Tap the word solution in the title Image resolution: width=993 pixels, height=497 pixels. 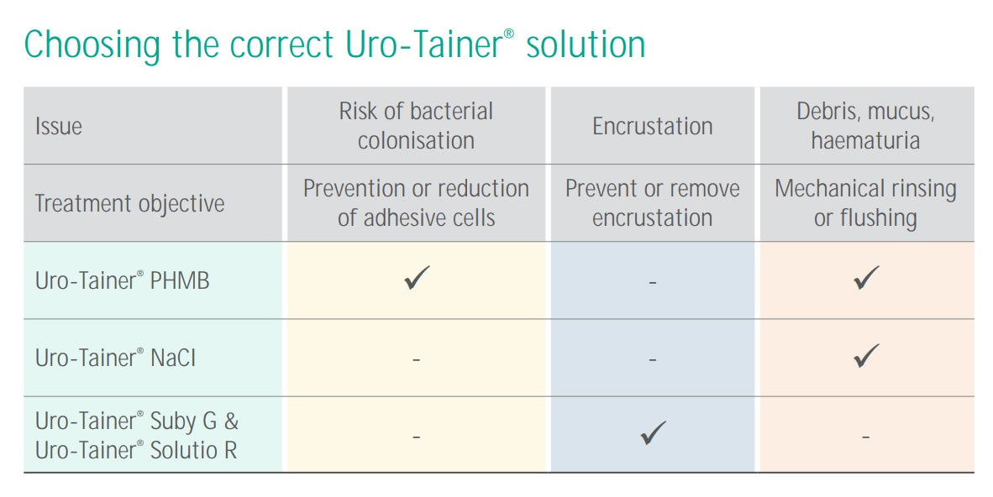pos(586,44)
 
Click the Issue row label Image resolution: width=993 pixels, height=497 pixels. pos(59,127)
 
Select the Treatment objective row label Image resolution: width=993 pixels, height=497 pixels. pos(129,204)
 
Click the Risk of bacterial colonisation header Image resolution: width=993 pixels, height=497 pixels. pos(416,126)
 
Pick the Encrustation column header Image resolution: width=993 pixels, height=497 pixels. pos(653,127)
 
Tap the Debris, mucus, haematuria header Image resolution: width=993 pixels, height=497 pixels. pos(865,126)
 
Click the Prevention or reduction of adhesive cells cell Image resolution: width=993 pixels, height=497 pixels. pos(416,203)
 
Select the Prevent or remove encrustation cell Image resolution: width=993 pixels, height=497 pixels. pos(653,203)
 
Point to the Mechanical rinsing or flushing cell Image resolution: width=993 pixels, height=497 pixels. pos(865,203)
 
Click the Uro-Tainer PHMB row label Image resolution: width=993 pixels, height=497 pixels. pos(123,281)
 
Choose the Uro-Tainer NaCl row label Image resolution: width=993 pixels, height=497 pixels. pos(117,358)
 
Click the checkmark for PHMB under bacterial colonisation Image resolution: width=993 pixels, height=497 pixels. pos(417,279)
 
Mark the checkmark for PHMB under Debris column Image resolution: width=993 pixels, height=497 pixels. pos(866,279)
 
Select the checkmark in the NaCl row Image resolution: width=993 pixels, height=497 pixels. pos(866,356)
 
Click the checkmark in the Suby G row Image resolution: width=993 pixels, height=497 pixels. pos(653,433)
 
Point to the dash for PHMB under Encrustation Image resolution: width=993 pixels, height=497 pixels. pos(653,283)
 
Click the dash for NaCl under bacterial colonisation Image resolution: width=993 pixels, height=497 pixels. pos(416,360)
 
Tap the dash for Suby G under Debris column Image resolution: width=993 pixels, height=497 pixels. pos(865,437)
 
